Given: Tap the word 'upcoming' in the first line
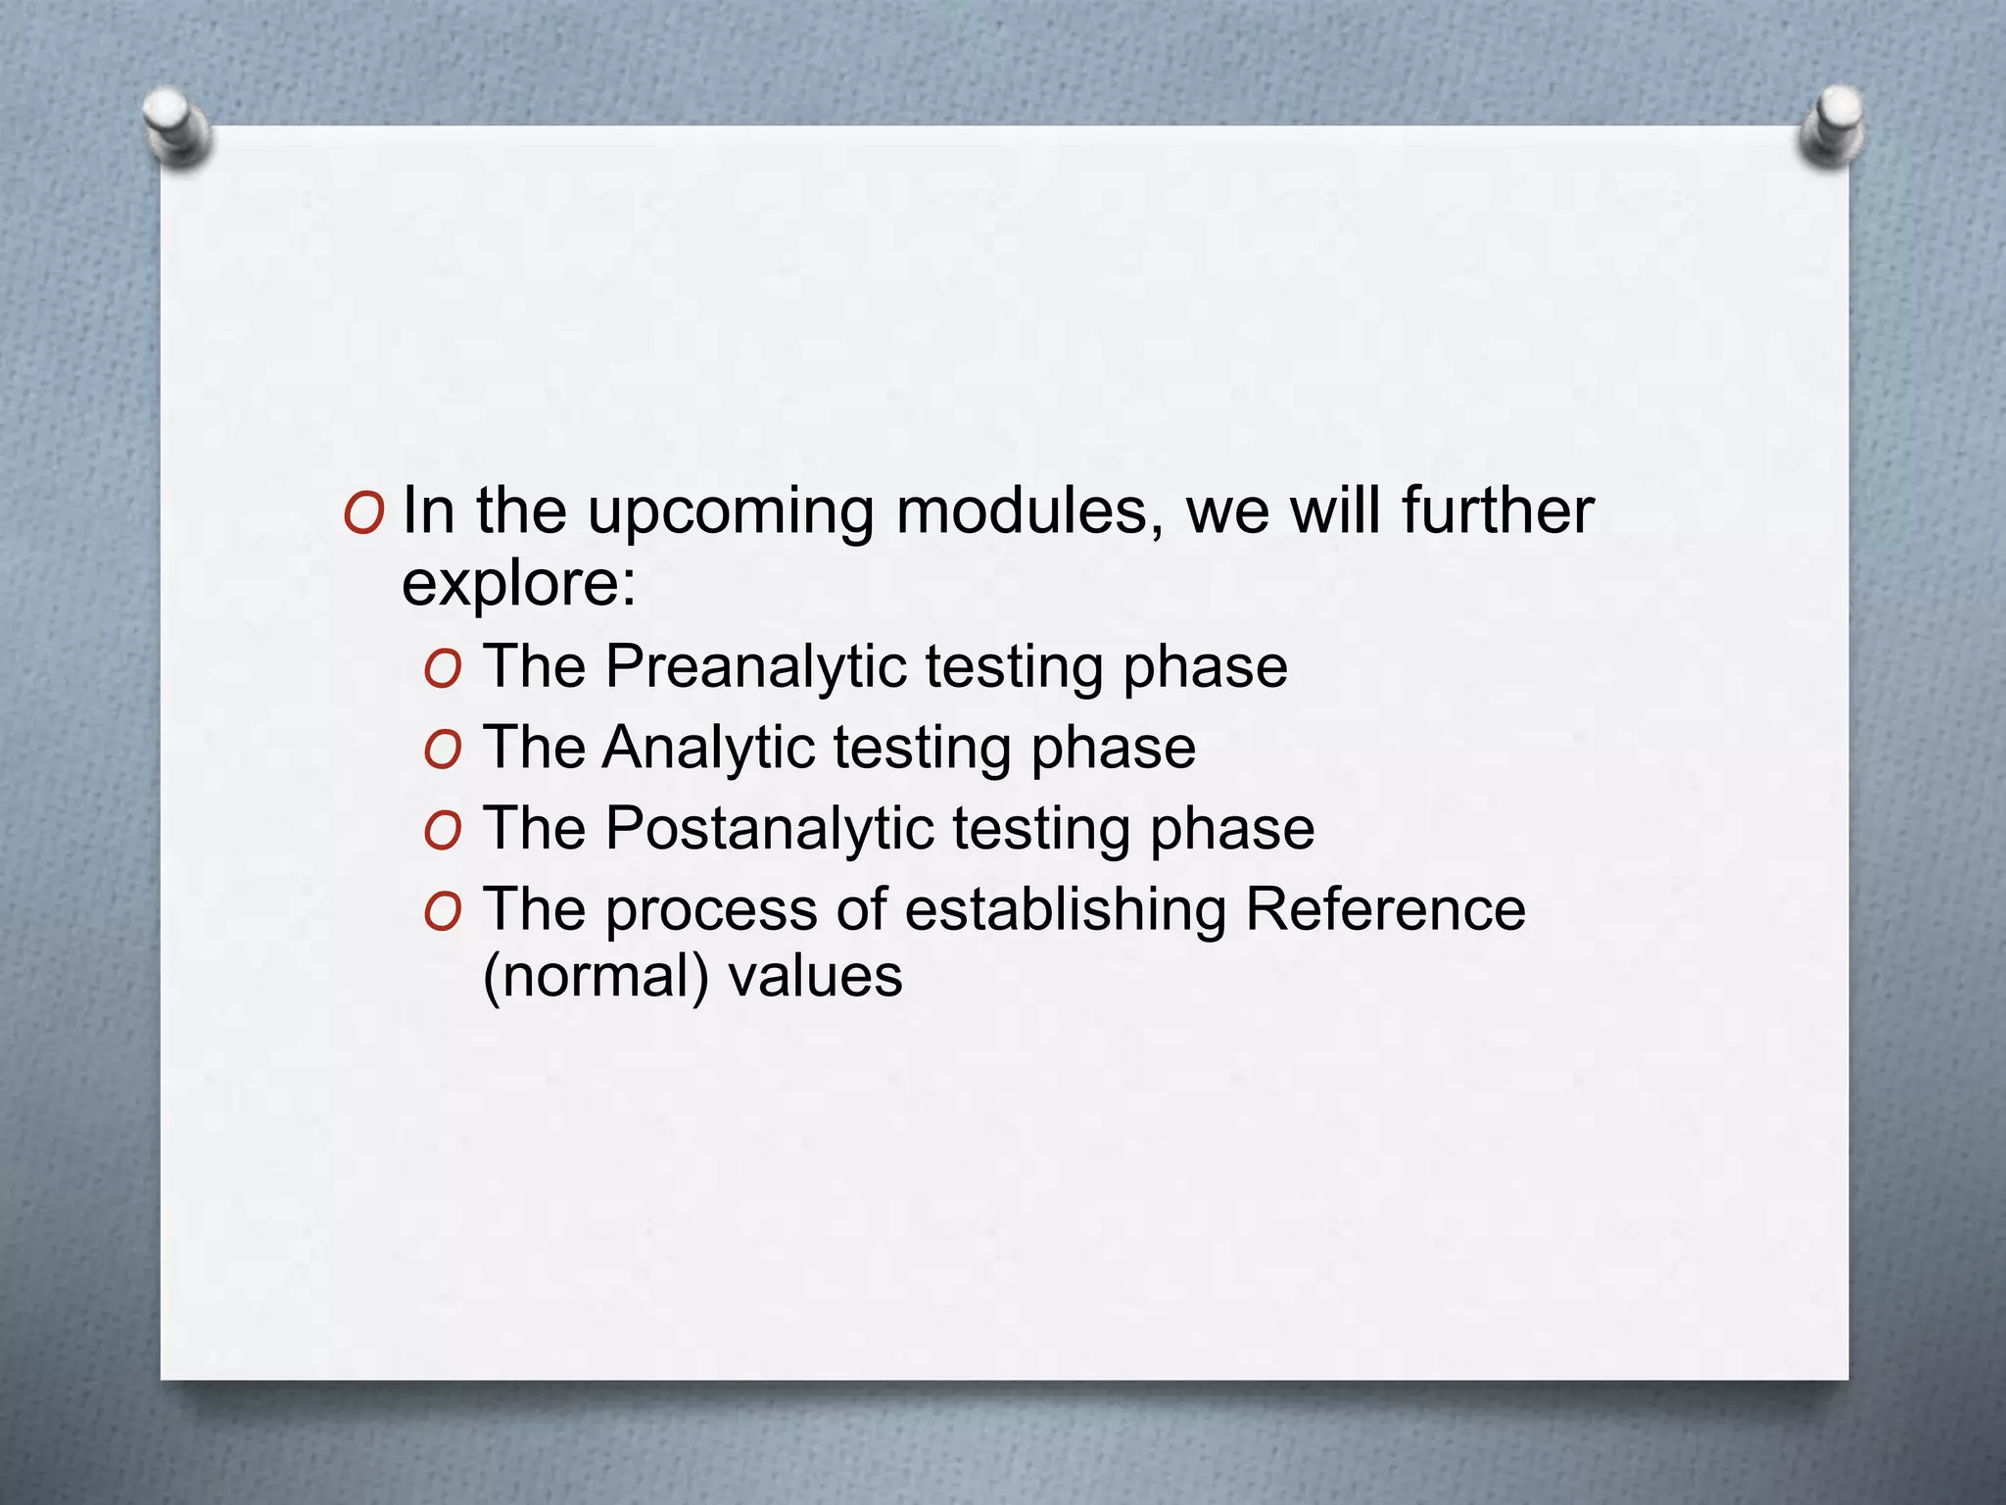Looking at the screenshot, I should click(730, 512).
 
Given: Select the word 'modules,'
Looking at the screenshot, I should click(1029, 512).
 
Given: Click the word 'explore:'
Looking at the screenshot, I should click(519, 584).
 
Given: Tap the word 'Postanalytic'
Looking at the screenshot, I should click(770, 830).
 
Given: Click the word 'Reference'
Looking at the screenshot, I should click(1385, 909).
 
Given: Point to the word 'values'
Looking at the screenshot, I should click(815, 977).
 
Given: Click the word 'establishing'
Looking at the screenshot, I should click(1065, 911).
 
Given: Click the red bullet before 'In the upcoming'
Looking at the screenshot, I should click(363, 513).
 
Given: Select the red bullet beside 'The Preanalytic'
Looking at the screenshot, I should click(443, 669).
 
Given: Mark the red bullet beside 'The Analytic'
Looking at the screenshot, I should click(443, 751).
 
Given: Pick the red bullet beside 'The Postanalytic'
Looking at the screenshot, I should click(443, 832).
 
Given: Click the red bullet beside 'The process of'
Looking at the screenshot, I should click(443, 913).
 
